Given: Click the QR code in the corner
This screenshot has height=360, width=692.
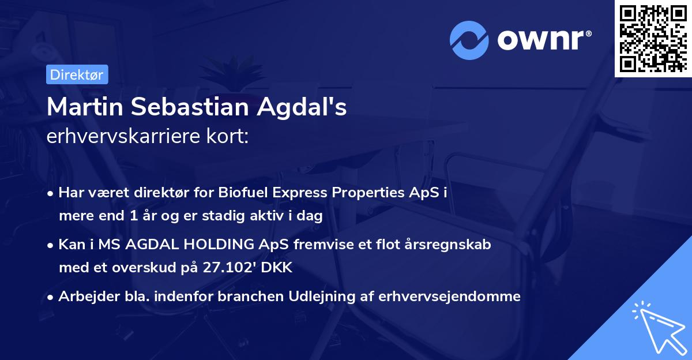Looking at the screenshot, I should pos(653,38).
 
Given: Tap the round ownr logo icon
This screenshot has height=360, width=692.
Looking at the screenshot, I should pos(469,40).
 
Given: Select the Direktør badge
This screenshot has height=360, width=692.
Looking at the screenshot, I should pos(77,74).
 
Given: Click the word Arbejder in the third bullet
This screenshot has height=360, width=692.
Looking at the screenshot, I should pos(83,297).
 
